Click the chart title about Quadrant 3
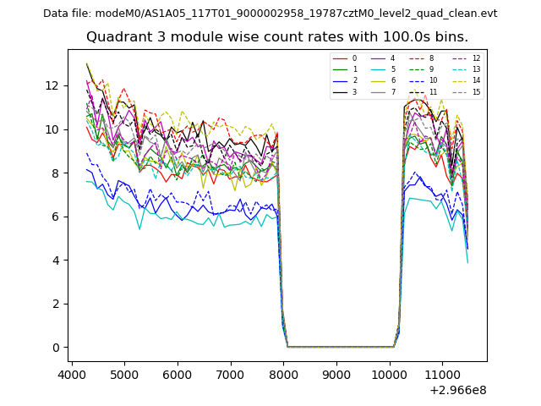point(276,37)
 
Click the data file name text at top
point(270,14)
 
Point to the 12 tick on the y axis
point(57,85)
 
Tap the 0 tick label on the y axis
point(57,348)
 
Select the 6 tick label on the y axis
point(57,217)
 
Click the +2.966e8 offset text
point(457,390)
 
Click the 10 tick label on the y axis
point(53,129)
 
